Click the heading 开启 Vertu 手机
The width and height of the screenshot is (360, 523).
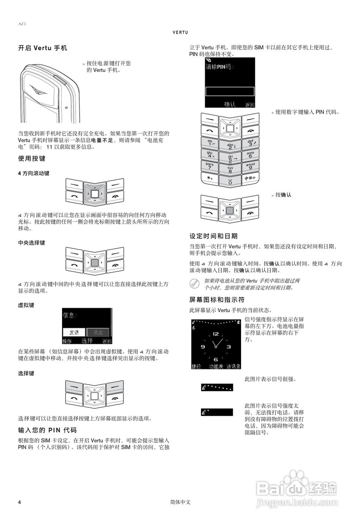pos(42,48)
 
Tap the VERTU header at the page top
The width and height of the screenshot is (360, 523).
pos(180,32)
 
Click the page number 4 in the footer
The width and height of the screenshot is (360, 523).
pos(19,502)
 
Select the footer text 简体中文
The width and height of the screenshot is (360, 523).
pos(180,502)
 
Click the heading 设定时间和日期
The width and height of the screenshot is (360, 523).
pos(213,236)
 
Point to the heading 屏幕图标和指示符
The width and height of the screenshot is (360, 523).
pos(217,299)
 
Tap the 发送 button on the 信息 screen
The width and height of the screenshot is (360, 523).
pos(74,332)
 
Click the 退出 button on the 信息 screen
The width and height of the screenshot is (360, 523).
pos(98,332)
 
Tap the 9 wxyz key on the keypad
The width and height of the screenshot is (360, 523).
pos(250,166)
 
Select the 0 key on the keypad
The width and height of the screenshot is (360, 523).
pos(230,181)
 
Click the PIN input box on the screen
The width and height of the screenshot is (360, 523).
pos(230,92)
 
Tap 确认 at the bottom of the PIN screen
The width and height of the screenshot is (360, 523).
pos(230,104)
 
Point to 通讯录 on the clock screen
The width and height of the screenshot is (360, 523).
pos(234,367)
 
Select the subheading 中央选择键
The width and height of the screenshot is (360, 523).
pos(31,243)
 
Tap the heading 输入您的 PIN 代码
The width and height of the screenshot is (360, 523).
pos(47,430)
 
